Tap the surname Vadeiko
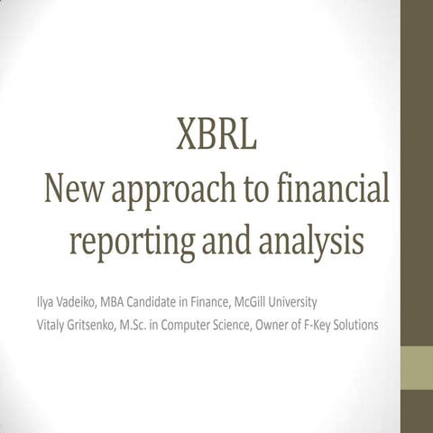point(79,299)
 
